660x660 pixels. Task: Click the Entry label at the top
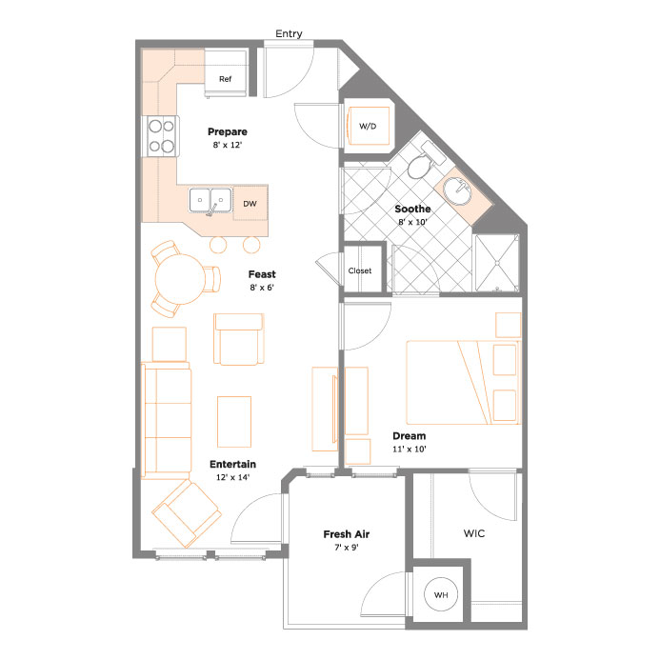(289, 33)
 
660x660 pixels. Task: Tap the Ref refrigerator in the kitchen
(225, 72)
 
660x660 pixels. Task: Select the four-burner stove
(161, 136)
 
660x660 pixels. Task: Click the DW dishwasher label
(250, 204)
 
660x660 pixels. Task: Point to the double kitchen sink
(210, 200)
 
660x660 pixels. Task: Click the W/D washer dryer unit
(368, 126)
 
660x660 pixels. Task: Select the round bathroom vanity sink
(457, 190)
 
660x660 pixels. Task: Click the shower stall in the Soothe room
(497, 263)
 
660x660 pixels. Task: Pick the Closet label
(360, 270)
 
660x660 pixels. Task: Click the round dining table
(180, 279)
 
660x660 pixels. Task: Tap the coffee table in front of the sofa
(234, 421)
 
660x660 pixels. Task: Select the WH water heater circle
(441, 594)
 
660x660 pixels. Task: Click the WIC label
(474, 533)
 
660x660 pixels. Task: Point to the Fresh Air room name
(347, 534)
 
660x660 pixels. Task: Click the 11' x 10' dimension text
(410, 449)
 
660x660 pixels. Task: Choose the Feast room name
(262, 274)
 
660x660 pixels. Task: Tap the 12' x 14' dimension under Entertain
(232, 477)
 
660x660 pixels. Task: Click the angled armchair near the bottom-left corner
(187, 513)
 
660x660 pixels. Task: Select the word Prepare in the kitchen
(228, 131)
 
